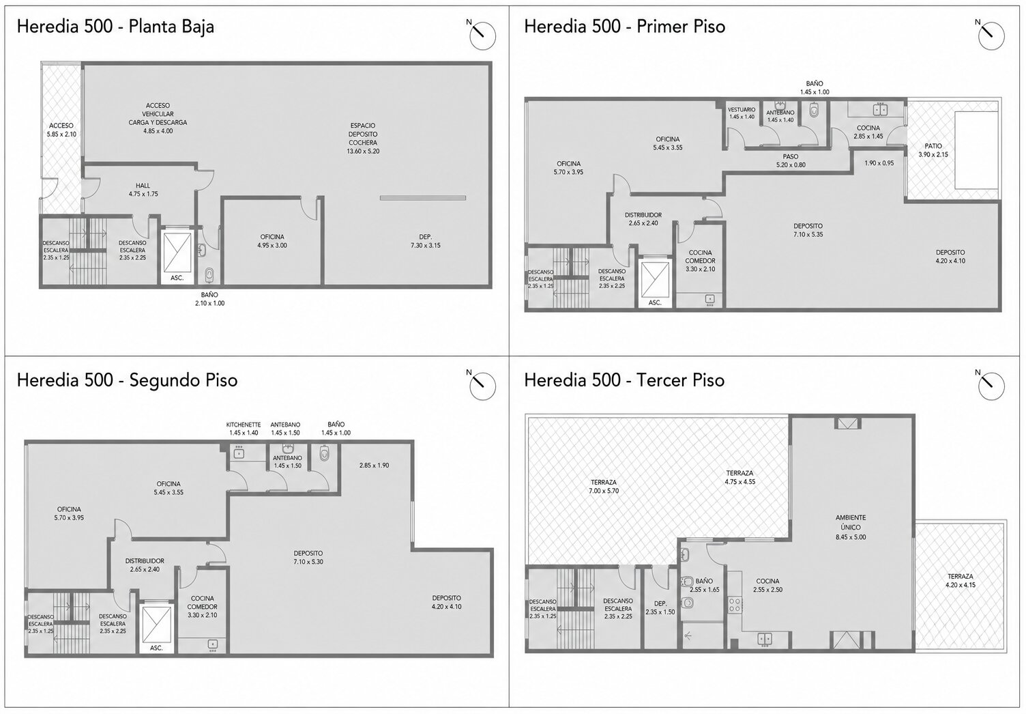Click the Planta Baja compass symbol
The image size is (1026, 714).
coord(482,35)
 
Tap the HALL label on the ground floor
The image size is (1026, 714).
coord(143,186)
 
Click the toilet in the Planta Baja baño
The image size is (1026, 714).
coord(209,275)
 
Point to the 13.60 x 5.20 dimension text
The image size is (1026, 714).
coord(363,152)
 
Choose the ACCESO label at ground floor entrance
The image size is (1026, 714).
coord(61,126)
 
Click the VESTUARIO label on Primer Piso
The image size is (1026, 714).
coord(742,110)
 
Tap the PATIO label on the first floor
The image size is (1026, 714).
coord(933,146)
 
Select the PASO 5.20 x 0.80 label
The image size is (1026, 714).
coord(791,161)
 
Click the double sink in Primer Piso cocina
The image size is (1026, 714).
coord(880,110)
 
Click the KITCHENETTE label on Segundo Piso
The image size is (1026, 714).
coord(244,425)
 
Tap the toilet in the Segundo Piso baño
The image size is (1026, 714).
coord(324,454)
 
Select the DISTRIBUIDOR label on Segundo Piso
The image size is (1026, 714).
coord(145,561)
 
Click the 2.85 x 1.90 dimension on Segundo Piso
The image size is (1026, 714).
coord(375,465)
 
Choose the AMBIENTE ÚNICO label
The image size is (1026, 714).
coord(851,522)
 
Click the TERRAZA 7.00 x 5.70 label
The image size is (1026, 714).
coord(604,486)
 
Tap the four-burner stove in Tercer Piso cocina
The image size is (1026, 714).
coord(735,604)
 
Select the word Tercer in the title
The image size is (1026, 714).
coord(662,380)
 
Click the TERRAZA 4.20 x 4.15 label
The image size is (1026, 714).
coord(961,581)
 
